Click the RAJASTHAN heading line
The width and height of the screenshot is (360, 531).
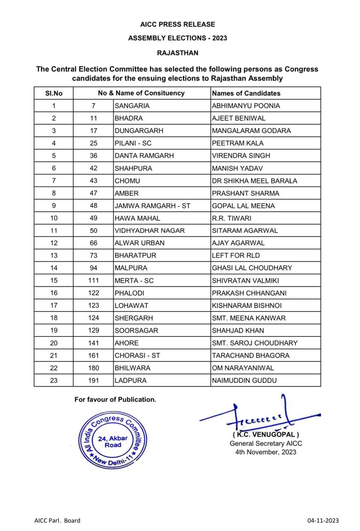pos(178,53)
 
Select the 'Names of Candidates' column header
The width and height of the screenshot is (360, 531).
pos(246,93)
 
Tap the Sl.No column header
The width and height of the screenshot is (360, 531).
pos(54,93)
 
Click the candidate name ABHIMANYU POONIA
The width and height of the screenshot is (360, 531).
pos(246,106)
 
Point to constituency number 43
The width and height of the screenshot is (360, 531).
pos(94,180)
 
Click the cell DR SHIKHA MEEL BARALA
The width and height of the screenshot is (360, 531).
pos(254,180)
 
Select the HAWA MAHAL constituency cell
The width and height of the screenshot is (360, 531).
pos(137,218)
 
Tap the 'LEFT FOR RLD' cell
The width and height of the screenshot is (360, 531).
pos(236,255)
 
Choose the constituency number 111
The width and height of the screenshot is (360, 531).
pos(94,280)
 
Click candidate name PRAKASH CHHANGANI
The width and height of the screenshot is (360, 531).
pos(249,293)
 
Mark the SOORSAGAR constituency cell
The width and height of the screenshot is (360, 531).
pos(136,330)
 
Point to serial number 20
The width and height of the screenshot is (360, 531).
pos(54,343)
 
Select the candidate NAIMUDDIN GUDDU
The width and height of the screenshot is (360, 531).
pos(244,380)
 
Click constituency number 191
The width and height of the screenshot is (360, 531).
pos(94,380)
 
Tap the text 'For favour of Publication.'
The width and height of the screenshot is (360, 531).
pos(115,399)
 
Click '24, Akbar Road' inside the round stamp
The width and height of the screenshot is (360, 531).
pos(113,442)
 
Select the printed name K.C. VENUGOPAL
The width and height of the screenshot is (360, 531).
pos(266,435)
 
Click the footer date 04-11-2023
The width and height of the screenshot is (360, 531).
pos(323,521)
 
